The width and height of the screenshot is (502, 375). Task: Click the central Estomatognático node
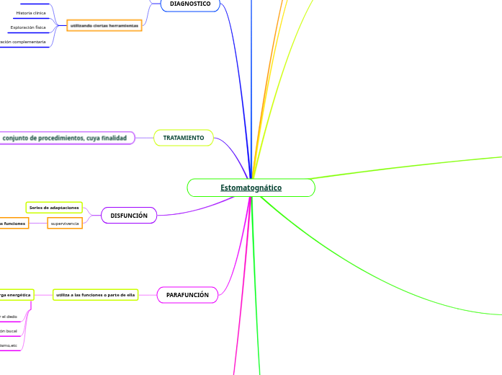pos(251,188)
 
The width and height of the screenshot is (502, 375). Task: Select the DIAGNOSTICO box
pos(190,4)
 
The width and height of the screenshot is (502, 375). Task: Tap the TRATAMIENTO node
pos(184,138)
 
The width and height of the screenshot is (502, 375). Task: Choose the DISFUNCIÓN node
pos(130,216)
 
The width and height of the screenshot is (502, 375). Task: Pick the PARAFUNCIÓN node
pos(187,295)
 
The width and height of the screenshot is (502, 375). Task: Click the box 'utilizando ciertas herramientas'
pos(104,25)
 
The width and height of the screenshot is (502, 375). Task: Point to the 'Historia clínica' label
pos(31,13)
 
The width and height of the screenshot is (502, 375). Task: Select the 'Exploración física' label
pos(28,27)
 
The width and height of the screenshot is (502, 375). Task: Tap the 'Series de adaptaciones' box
pos(54,208)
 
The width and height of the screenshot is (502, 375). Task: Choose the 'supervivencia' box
pos(65,224)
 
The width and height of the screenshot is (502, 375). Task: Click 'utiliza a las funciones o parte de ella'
pos(105,295)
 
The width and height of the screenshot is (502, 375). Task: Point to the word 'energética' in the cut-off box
pos(19,295)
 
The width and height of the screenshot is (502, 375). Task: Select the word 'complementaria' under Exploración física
pos(29,42)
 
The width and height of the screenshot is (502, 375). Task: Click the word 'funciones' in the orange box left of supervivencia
pos(14,224)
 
